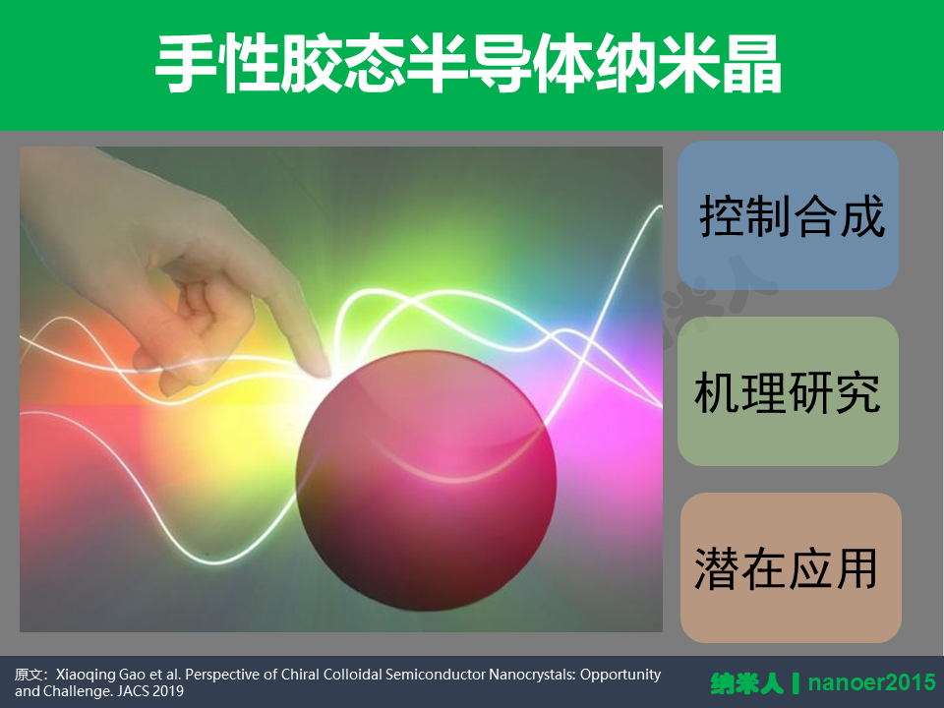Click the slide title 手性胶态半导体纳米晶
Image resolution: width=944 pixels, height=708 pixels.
coord(468,64)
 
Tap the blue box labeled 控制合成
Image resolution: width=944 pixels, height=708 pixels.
coord(788,215)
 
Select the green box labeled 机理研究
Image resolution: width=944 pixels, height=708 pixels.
coord(788,391)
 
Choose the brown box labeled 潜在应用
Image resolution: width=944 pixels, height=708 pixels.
coord(791,567)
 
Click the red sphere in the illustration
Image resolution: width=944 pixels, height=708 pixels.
coord(426,481)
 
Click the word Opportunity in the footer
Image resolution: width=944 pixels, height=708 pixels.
coord(620,675)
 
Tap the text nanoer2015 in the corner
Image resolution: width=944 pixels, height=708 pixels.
coord(872,682)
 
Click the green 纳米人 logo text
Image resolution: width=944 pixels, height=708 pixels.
coord(747,683)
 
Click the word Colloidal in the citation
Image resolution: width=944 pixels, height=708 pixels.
coord(352,675)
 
